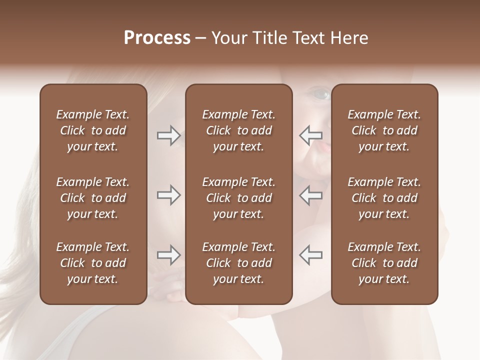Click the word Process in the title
click(157, 38)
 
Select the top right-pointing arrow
click(168, 135)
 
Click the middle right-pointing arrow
click(168, 195)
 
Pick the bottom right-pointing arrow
click(168, 255)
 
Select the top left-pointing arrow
click(311, 135)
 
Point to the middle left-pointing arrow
click(311, 195)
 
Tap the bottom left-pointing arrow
click(311, 255)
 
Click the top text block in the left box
click(93, 130)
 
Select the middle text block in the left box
click(93, 198)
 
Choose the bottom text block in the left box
click(93, 263)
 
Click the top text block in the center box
click(238, 130)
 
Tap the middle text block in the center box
click(238, 198)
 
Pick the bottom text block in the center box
click(238, 263)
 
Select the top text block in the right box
click(384, 130)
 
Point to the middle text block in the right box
click(384, 198)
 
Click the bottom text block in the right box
click(384, 263)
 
